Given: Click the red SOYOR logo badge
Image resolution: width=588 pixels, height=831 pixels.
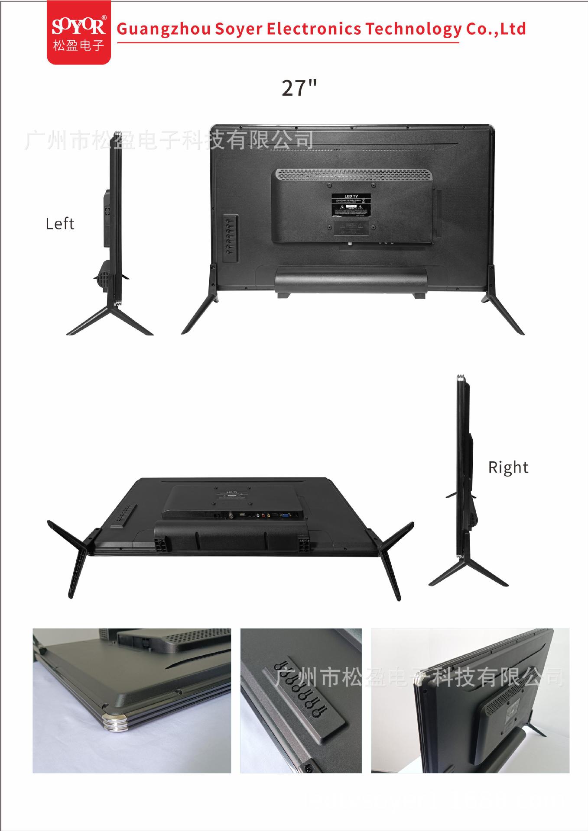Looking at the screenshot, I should pos(78,32).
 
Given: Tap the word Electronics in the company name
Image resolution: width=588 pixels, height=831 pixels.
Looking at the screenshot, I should pos(313,29).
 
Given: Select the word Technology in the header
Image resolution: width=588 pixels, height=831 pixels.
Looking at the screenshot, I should pos(413,29).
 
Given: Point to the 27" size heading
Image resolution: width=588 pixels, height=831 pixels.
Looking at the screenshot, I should pos(299,88).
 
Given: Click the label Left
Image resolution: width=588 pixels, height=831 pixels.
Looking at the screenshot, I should pos(60,224).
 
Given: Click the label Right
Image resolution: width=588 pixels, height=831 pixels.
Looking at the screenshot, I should pos(508,467).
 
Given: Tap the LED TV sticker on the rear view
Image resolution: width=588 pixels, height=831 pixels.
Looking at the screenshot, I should pos(351,205).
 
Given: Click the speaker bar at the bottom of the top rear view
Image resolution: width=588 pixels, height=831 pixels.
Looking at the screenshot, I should pos(351,279).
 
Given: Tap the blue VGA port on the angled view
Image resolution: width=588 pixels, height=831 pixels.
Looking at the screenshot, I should pos(286,515).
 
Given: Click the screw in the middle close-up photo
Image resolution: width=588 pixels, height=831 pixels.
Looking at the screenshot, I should pos(308,767).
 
